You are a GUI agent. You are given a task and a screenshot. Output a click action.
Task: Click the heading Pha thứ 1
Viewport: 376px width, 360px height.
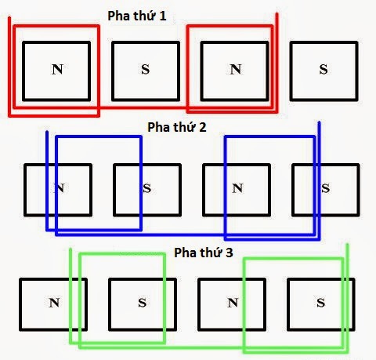[x=137, y=16]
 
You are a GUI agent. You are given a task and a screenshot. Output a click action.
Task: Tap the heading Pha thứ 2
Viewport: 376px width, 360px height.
[x=177, y=127]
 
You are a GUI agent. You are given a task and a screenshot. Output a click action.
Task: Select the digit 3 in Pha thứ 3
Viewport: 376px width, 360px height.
[x=229, y=253]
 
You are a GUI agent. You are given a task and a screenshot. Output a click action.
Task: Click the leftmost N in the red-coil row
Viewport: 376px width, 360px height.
[x=57, y=69]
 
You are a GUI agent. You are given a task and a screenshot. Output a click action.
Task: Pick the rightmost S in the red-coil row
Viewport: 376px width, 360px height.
[x=324, y=69]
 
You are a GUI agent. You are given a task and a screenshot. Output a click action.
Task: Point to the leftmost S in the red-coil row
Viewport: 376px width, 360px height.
[x=146, y=69]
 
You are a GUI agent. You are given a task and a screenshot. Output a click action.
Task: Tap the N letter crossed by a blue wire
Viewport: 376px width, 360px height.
[x=60, y=188]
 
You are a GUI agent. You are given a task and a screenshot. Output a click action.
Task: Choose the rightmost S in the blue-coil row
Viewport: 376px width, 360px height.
[x=325, y=188]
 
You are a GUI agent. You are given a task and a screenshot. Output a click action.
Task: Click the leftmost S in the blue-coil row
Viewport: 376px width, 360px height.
[x=147, y=188]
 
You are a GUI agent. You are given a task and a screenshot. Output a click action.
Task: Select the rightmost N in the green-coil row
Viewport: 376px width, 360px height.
[x=233, y=303]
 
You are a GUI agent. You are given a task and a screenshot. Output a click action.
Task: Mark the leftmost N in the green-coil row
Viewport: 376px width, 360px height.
[x=54, y=303]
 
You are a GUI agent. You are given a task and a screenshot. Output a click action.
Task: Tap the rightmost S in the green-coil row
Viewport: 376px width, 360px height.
[x=321, y=303]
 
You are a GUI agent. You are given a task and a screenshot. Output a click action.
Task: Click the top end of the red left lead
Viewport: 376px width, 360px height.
[x=9, y=17]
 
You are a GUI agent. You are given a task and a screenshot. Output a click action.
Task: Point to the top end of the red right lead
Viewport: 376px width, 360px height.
[x=277, y=13]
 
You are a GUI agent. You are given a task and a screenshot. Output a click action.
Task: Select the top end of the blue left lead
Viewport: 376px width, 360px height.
[x=47, y=132]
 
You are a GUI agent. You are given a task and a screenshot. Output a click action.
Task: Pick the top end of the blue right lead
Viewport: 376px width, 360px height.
[x=319, y=122]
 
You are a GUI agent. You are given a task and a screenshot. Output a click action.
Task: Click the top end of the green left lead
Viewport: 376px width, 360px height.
[x=70, y=249]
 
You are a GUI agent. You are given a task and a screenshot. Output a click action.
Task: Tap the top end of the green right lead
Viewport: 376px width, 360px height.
[x=347, y=245]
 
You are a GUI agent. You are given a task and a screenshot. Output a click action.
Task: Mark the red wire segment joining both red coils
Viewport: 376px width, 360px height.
[x=143, y=107]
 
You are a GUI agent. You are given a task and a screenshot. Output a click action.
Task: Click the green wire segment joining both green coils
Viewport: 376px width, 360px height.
[x=204, y=347]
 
